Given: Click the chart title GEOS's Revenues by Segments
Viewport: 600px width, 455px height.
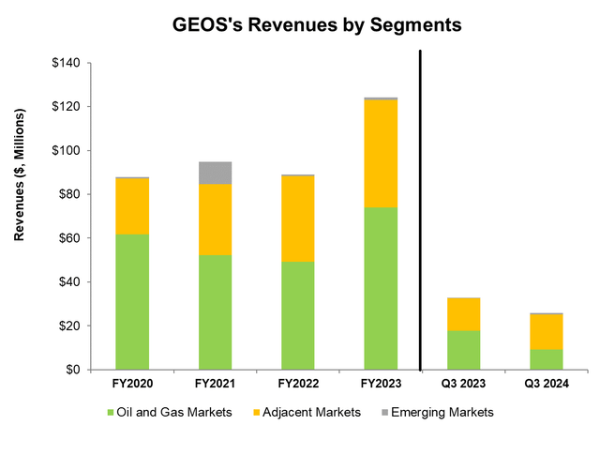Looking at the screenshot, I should coord(300,25).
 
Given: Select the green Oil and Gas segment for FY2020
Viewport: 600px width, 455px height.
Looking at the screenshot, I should coord(132,301).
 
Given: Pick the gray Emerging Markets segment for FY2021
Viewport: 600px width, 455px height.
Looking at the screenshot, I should coord(215,173).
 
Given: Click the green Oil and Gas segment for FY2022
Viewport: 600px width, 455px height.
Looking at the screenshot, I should coord(297,315).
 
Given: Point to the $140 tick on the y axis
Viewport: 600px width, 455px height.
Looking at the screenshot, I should coord(73,63).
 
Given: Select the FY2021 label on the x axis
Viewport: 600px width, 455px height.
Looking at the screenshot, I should coord(215,383).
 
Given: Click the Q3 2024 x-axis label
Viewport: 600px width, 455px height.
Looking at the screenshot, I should coord(546,383).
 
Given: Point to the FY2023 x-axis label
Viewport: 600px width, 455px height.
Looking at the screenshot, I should coord(381,383).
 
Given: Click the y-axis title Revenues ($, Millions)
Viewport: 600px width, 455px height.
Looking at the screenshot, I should coord(20,217).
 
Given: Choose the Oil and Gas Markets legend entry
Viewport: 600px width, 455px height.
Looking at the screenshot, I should coord(171,411).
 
